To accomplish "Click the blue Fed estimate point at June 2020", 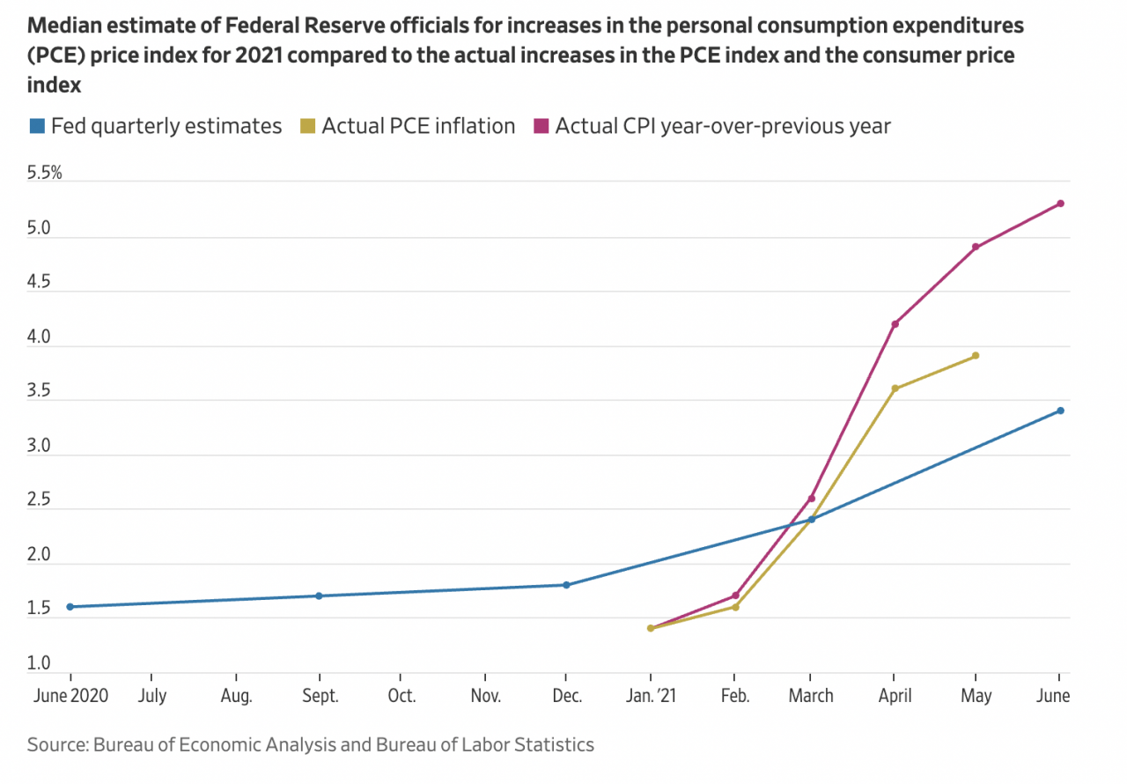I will coord(70,606).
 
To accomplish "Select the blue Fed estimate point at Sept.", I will coord(319,595).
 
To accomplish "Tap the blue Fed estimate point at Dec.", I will coord(566,585).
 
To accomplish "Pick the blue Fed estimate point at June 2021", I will coord(1060,410).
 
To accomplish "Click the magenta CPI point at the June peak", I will coord(1060,203).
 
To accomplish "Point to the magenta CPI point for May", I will coord(976,247).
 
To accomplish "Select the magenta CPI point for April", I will coord(895,324).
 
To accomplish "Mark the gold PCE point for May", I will coord(976,356).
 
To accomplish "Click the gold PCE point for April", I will coord(895,388).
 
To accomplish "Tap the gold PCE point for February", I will coord(735,607).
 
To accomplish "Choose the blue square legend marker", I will coord(36,127).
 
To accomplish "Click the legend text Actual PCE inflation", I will coord(418,126).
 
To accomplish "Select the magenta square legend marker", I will coord(541,127).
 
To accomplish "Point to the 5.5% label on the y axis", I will coord(45,174).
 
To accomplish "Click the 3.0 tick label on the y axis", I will coord(39,447).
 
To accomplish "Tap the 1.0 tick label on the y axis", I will coord(39,663).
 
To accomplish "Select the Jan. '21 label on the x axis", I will coord(652,696).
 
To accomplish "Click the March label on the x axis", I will coord(811,696).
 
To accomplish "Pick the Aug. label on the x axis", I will coord(236,696).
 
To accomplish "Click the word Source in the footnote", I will coord(56,745).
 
